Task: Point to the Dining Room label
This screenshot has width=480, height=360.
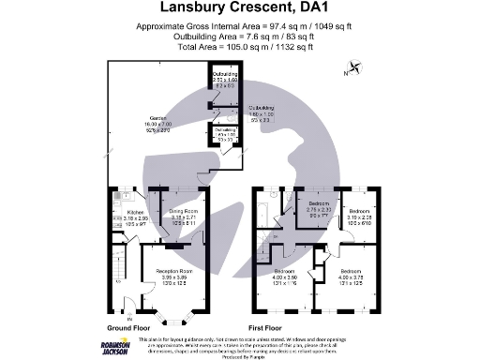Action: coord(184,217)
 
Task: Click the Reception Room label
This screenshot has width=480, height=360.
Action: coord(173,277)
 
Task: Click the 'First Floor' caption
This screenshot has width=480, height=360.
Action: coord(266,327)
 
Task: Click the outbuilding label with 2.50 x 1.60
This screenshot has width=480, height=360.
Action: coord(224,79)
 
